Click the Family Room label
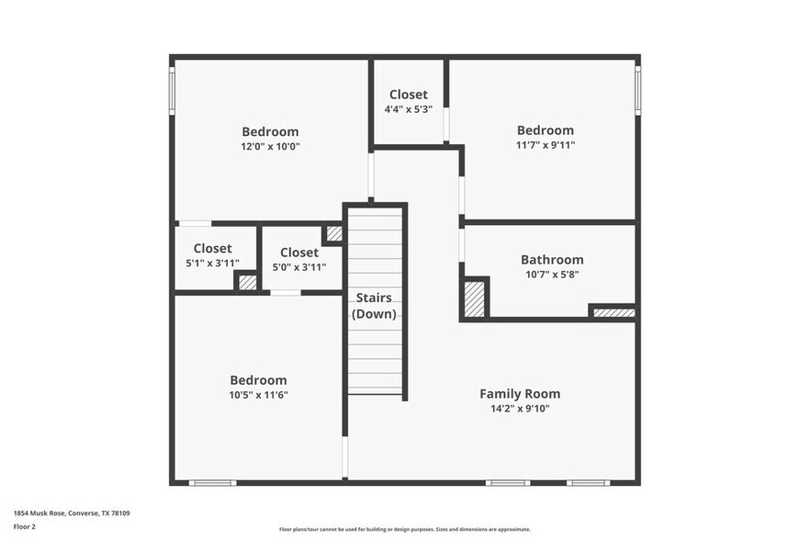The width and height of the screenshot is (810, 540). (520, 394)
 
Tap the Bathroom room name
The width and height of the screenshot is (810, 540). (551, 260)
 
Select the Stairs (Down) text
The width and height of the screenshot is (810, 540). (374, 306)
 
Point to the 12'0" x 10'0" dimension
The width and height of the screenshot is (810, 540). (270, 146)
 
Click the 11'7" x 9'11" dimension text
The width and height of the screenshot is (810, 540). (545, 145)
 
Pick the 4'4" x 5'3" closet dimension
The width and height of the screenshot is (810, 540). (408, 109)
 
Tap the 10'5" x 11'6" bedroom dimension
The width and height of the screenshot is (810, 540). (258, 395)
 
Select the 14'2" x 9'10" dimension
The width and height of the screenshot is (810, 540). (520, 410)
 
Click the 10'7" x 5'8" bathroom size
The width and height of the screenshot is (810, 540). (551, 274)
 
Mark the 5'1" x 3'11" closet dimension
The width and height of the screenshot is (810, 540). (212, 264)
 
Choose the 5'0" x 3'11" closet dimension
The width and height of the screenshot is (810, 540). (299, 267)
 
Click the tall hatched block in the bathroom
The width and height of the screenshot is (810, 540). (474, 298)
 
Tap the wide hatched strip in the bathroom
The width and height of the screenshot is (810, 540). (613, 313)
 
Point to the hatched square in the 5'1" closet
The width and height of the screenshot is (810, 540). (247, 283)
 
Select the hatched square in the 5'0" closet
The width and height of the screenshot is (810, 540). (334, 234)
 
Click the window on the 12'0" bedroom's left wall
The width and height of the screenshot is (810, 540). (172, 90)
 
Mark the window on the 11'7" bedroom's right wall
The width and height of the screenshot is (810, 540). (638, 92)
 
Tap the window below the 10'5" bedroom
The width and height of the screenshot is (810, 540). (212, 482)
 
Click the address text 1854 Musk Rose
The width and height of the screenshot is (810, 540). (71, 513)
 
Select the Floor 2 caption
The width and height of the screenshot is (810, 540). (24, 527)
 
